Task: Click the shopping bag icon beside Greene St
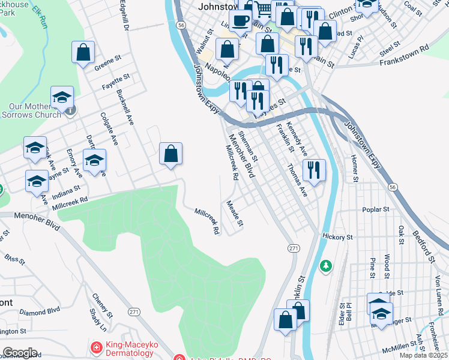pyautogui.click(x=83, y=52)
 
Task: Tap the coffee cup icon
pyautogui.click(x=240, y=20)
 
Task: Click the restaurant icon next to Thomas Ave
pyautogui.click(x=314, y=170)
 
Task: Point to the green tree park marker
pyautogui.click(x=326, y=265)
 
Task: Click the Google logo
pyautogui.click(x=20, y=353)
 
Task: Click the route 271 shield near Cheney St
pyautogui.click(x=134, y=312)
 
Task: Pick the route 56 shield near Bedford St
pyautogui.click(x=392, y=187)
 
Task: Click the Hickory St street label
pyautogui.click(x=337, y=237)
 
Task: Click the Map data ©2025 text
pyautogui.click(x=423, y=355)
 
